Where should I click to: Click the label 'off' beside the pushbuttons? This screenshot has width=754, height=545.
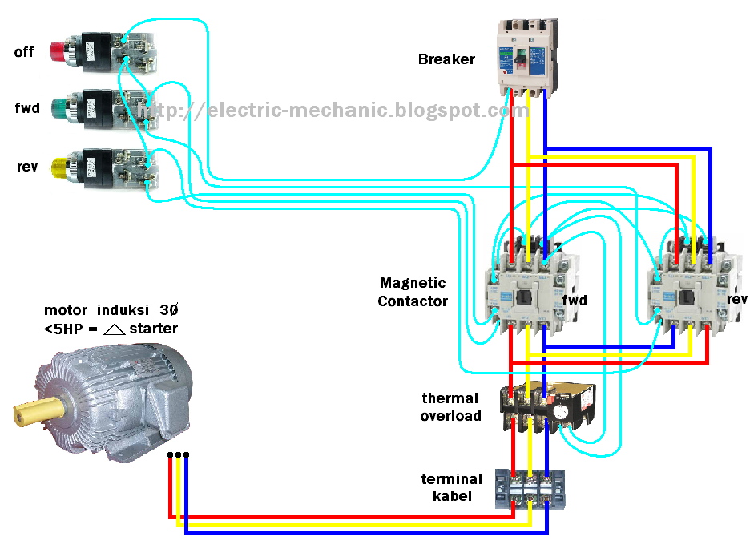point(24,53)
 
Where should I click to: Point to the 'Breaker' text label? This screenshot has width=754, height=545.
point(446,59)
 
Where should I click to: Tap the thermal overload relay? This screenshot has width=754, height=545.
point(549,407)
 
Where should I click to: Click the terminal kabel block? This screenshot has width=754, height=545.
point(529,490)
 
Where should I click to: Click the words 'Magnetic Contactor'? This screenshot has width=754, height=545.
point(412,292)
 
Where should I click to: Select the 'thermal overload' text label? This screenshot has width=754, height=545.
point(450,407)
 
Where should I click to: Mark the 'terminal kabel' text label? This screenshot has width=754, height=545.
point(452,487)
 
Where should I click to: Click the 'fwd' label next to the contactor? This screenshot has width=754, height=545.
point(575,301)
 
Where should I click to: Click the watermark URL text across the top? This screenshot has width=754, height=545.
point(337,111)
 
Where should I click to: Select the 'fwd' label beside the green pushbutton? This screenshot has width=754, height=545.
point(26,108)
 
